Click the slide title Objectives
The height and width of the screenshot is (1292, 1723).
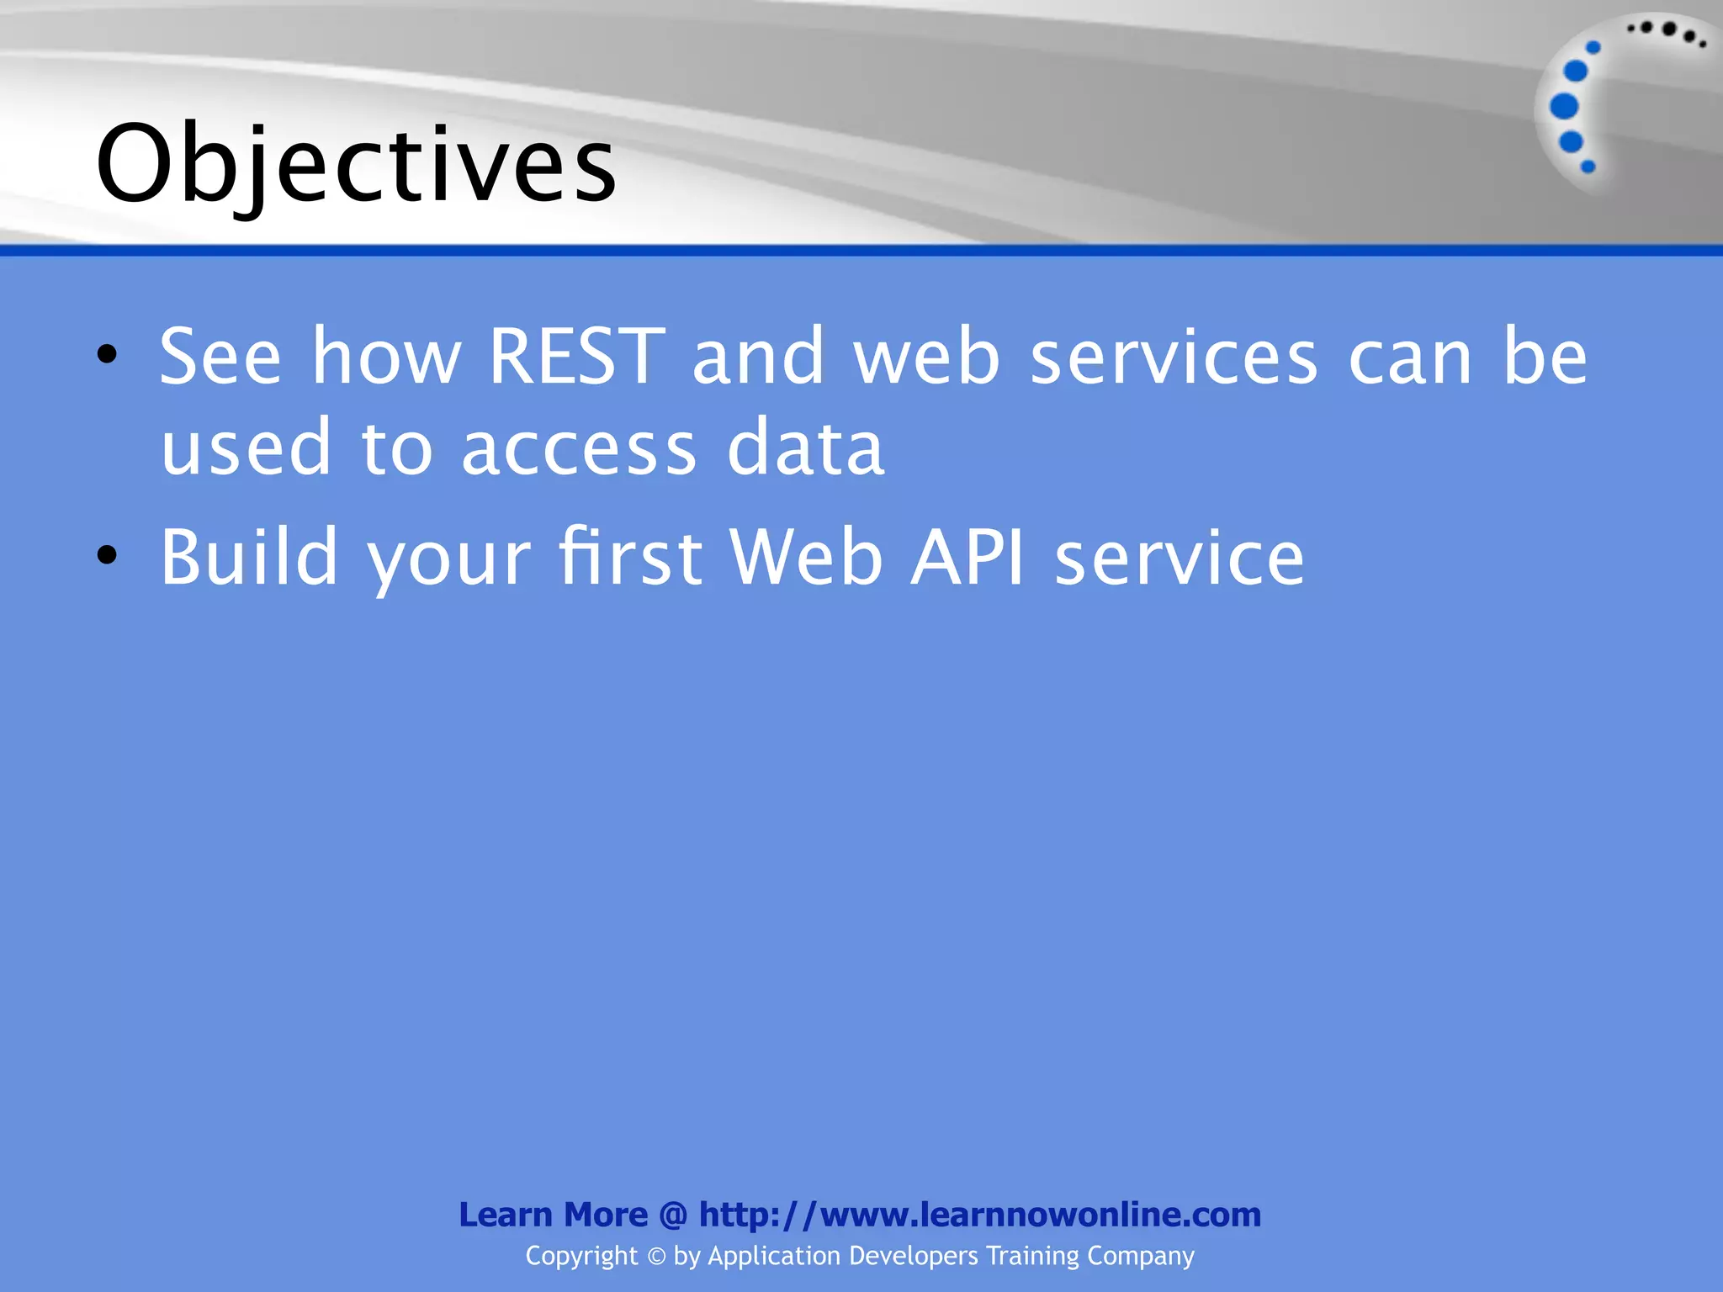coord(357,164)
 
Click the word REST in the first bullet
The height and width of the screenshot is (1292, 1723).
coord(576,357)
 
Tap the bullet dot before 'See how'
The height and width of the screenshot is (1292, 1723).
coord(107,354)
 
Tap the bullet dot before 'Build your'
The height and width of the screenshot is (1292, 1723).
coord(107,554)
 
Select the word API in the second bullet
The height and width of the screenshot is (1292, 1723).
coord(968,557)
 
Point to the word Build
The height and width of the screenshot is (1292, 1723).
coord(249,557)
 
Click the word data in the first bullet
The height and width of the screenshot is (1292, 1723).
coord(805,448)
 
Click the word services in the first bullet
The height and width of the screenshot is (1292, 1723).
coord(1174,358)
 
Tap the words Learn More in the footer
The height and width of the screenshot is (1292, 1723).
coord(553,1215)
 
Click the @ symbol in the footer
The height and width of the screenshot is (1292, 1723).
coord(673,1215)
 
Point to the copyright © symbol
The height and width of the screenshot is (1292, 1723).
coord(656,1256)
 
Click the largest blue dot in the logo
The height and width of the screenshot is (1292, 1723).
coord(1564,107)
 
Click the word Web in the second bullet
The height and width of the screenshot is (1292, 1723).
coord(806,557)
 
